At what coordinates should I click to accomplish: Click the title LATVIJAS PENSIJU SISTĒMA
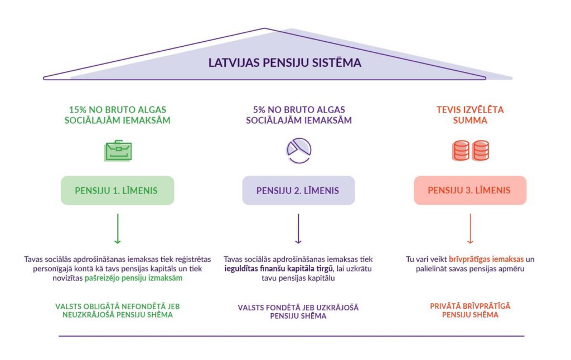tap(285, 62)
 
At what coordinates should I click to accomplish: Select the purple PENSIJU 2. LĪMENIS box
tap(298, 191)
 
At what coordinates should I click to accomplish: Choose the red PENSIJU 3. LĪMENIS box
tap(469, 191)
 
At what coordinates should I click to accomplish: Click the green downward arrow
tap(117, 230)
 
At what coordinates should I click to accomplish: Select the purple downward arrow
tap(298, 230)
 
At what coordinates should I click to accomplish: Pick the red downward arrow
tap(470, 230)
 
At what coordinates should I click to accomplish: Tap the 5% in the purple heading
tap(259, 110)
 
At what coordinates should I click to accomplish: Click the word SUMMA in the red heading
tap(470, 120)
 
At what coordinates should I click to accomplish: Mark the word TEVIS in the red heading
tap(449, 110)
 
